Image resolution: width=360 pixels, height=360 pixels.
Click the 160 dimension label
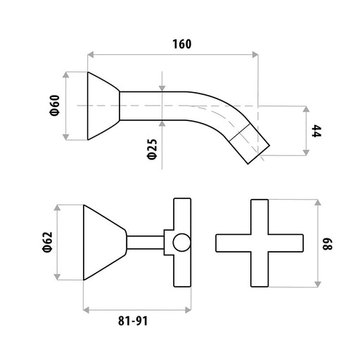[x=182, y=44]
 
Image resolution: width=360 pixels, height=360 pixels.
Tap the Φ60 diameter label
[x=55, y=105]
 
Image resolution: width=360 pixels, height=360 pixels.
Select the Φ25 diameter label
[x=153, y=149]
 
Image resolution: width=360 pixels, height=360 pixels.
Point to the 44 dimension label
[x=316, y=131]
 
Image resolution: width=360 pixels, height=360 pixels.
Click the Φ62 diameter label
[x=47, y=242]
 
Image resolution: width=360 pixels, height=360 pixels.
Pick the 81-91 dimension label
[x=133, y=321]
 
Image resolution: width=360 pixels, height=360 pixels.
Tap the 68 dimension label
[x=328, y=244]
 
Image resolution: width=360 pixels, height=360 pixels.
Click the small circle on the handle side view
[x=181, y=243]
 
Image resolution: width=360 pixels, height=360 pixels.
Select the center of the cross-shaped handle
[x=259, y=243]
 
